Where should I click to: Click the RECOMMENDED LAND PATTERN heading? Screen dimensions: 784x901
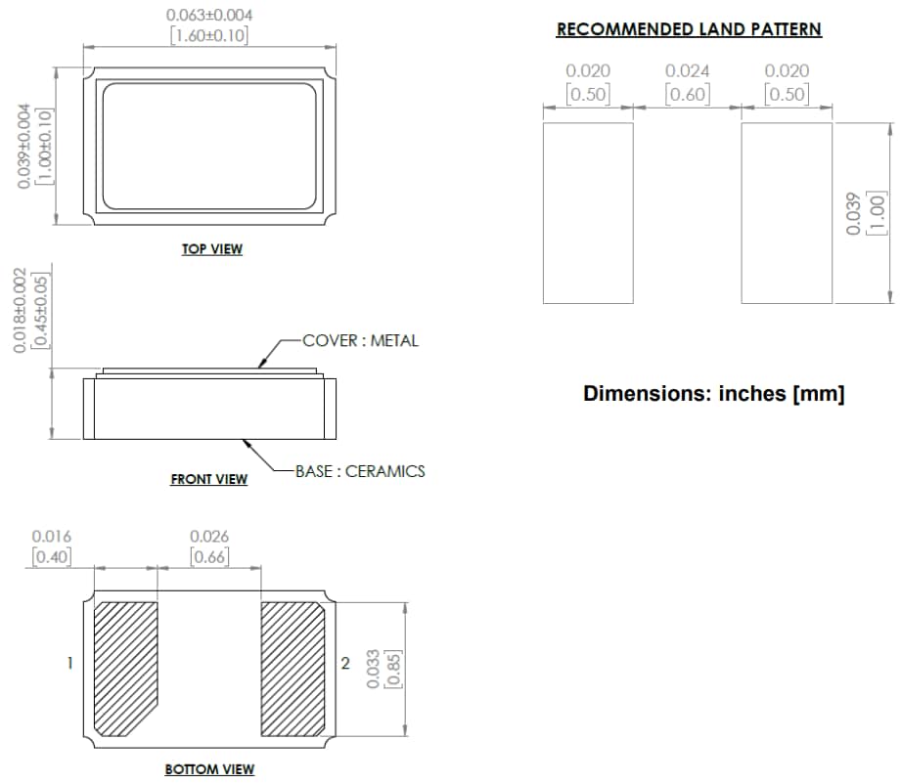point(689,29)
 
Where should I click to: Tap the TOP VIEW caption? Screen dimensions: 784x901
point(211,249)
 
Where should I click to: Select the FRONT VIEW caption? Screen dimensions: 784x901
point(208,479)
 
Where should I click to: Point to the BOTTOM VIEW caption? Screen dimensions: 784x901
point(209,769)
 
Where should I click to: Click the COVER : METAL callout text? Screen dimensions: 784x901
point(360,340)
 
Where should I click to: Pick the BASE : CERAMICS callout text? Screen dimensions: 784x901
point(360,471)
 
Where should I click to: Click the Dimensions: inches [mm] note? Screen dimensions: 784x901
point(713,394)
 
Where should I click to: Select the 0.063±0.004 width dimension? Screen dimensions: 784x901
point(209,15)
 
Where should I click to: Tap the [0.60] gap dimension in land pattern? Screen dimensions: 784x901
point(688,94)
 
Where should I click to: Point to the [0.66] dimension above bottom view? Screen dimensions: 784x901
point(209,557)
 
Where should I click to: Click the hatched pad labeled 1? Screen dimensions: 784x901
point(125,670)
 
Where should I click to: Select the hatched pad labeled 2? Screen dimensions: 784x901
point(293,670)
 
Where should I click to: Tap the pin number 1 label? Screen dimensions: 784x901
point(69,663)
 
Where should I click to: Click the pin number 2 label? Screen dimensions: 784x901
point(344,663)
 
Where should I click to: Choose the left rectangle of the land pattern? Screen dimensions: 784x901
point(588,212)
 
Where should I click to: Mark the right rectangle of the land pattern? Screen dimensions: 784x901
point(787,212)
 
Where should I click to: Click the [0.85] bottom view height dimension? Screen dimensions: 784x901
point(392,670)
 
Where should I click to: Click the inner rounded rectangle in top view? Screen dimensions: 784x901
point(210,146)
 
